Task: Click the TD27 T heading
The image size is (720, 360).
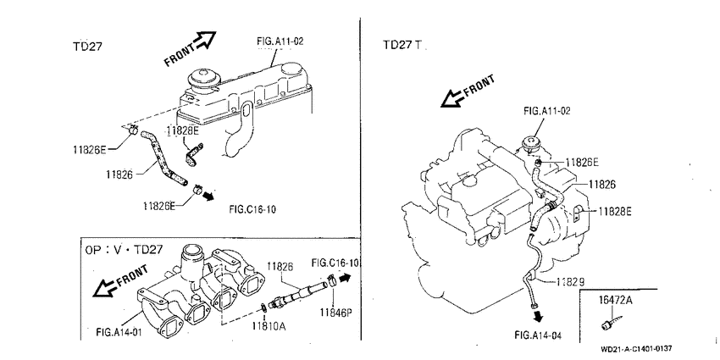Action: pos(402,45)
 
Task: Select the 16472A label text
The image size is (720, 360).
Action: pos(616,301)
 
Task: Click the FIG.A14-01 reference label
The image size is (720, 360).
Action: pos(119,331)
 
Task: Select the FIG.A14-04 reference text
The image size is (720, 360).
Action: pos(538,335)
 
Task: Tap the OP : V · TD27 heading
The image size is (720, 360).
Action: pos(124,250)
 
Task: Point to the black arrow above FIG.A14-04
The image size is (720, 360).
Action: pos(538,316)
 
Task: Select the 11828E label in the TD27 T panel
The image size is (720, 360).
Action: pos(615,211)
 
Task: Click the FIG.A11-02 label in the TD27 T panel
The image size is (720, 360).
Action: pos(547,111)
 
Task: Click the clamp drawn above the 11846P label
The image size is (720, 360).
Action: pos(331,279)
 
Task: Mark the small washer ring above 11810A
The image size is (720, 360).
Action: pos(263,307)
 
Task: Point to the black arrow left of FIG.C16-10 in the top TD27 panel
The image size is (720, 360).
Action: pos(208,196)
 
